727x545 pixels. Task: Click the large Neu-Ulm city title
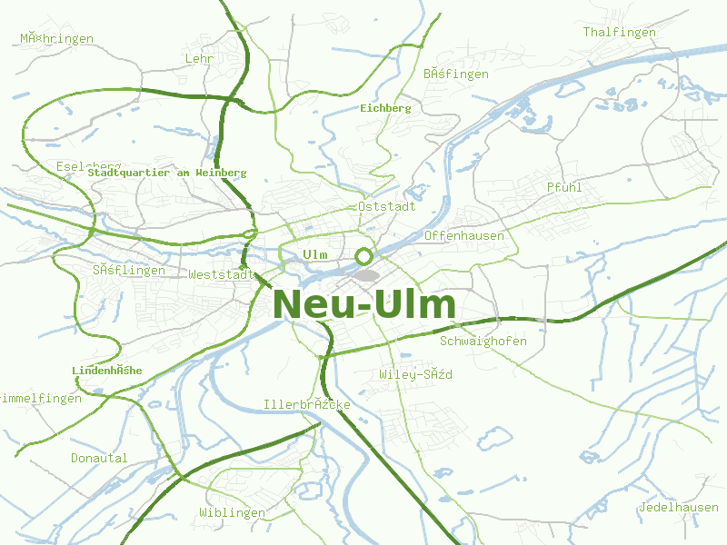pyautogui.click(x=363, y=304)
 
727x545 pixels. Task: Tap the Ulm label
pyautogui.click(x=314, y=254)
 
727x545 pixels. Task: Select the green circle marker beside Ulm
pyautogui.click(x=363, y=256)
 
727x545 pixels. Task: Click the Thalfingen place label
pyautogui.click(x=619, y=32)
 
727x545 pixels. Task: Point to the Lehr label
pyautogui.click(x=198, y=58)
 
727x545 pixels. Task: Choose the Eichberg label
pyautogui.click(x=385, y=108)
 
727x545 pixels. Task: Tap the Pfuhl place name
pyautogui.click(x=564, y=187)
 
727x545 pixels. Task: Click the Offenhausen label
pyautogui.click(x=463, y=236)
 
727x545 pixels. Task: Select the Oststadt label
pyautogui.click(x=387, y=206)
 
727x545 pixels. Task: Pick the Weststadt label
pyautogui.click(x=220, y=274)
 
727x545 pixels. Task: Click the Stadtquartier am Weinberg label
pyautogui.click(x=167, y=173)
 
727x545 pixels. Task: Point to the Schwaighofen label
pyautogui.click(x=483, y=342)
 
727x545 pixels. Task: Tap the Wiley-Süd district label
pyautogui.click(x=415, y=374)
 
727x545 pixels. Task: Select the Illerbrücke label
pyautogui.click(x=306, y=404)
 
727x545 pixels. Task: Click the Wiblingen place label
pyautogui.click(x=232, y=513)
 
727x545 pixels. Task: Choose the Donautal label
pyautogui.click(x=99, y=458)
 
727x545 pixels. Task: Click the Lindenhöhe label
pyautogui.click(x=106, y=371)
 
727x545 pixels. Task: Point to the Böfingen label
pyautogui.click(x=456, y=74)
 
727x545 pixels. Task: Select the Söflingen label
pyautogui.click(x=129, y=271)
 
